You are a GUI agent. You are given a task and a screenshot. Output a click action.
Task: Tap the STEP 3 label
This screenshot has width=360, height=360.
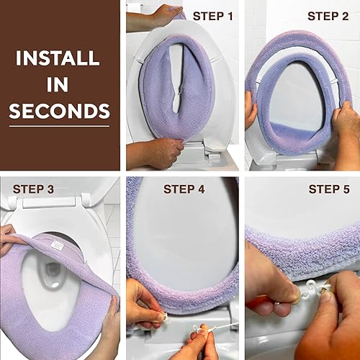coord(33,189)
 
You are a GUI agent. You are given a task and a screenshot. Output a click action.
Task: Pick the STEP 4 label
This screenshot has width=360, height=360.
coord(185,189)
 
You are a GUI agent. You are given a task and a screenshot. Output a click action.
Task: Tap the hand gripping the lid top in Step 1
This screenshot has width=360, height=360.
coord(165,13)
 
